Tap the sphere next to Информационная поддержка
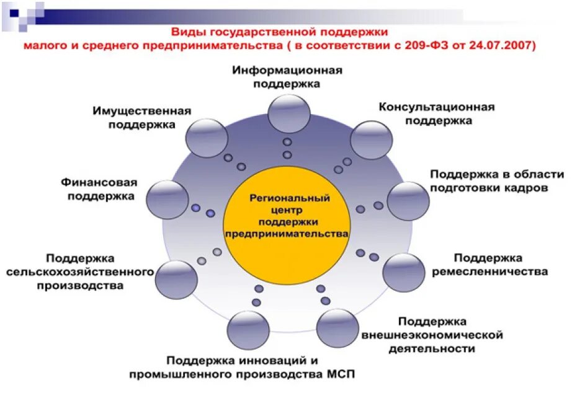(288, 113)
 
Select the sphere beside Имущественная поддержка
(207, 138)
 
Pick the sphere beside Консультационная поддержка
(370, 139)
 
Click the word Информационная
(288, 71)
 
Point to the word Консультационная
(437, 107)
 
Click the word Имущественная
(141, 111)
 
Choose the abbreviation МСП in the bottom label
(341, 374)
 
